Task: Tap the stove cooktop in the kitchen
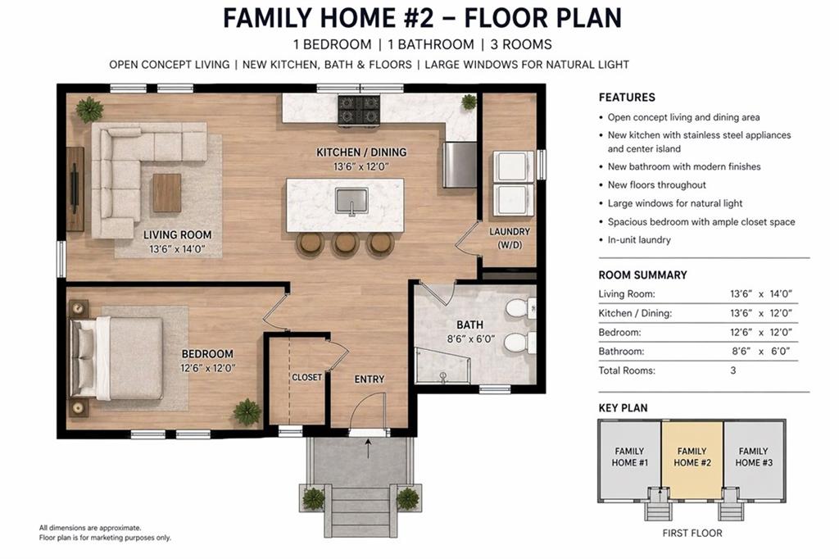[359, 110]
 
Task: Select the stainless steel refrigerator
[460, 165]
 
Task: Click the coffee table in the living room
[166, 193]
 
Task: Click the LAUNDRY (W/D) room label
[510, 238]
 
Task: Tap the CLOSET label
[307, 377]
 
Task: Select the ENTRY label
[369, 379]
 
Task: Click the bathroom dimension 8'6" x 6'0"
[470, 339]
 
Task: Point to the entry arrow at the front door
[368, 448]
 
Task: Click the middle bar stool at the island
[345, 243]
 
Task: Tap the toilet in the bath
[517, 309]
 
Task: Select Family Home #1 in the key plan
[630, 457]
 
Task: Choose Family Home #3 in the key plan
[753, 457]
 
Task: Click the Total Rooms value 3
[733, 370]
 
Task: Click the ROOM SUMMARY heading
[642, 275]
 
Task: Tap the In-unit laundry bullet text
[639, 240]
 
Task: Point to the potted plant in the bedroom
[247, 411]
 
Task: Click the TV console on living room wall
[75, 189]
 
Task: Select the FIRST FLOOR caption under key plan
[692, 534]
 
